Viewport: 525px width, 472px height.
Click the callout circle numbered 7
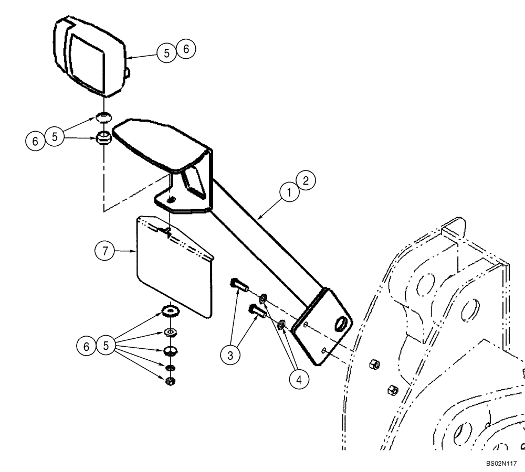104,252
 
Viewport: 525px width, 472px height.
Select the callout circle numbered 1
288,192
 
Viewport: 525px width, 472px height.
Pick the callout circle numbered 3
230,355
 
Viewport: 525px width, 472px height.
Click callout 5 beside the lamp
167,53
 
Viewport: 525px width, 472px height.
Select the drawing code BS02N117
502,464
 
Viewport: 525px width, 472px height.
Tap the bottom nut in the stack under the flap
170,381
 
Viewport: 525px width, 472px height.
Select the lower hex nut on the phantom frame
391,389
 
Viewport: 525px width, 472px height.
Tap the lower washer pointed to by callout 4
281,326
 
